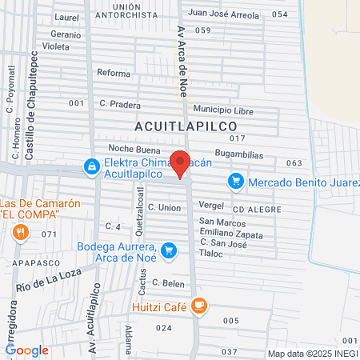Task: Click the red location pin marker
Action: tap(181, 163)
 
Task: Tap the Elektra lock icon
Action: tap(93, 166)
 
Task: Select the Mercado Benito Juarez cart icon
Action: tap(235, 182)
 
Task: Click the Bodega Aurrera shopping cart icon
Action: tap(168, 251)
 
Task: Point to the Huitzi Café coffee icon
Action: tap(199, 304)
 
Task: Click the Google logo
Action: tap(26, 350)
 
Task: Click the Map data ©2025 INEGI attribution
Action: tap(313, 353)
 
